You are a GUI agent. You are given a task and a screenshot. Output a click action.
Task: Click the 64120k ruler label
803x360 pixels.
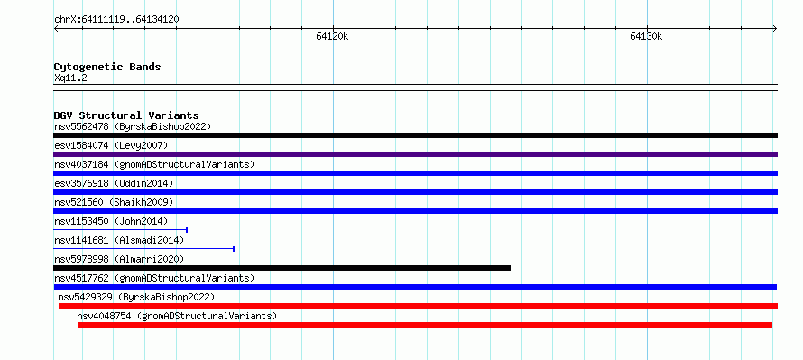332,36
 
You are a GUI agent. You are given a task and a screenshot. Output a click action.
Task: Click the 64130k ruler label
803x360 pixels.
646,36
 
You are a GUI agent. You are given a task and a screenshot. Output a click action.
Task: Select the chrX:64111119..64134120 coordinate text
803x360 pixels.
116,20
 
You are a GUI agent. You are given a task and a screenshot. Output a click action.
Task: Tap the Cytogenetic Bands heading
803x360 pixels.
107,67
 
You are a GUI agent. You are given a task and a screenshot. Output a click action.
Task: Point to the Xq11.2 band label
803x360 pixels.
70,78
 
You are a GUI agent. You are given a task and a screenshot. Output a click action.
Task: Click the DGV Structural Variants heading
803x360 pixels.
126,115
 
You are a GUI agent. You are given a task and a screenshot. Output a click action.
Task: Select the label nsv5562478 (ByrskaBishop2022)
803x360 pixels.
133,126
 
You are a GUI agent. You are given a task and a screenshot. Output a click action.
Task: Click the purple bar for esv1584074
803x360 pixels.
415,154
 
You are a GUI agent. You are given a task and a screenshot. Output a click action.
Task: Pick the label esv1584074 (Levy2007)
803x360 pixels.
111,145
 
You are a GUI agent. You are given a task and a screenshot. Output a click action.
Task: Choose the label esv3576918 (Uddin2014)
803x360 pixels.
114,183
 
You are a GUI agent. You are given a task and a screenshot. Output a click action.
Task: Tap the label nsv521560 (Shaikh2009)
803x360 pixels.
114,202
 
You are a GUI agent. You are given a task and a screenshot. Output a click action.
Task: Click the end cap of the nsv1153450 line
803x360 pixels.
187,230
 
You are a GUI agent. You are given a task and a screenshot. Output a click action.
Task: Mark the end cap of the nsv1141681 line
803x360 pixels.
234,249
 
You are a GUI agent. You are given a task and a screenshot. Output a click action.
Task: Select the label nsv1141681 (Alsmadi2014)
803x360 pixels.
119,240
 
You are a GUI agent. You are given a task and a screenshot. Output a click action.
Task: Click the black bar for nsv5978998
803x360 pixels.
282,268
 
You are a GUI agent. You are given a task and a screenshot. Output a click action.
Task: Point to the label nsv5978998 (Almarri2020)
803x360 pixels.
119,259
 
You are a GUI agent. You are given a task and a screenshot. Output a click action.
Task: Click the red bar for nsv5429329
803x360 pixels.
418,306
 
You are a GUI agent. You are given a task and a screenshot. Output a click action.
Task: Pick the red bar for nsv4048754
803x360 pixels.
425,325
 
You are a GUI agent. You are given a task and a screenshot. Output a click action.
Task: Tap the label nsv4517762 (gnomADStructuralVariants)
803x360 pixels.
154,278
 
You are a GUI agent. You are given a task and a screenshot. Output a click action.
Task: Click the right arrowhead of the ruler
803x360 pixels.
775,29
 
